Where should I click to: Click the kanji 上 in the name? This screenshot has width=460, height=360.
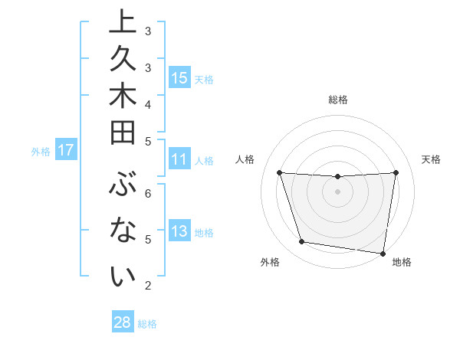123,22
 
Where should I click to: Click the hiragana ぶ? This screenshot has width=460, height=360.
123,186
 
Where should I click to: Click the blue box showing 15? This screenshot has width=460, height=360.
179,78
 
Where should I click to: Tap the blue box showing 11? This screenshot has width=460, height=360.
179,160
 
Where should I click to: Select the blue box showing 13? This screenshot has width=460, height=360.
179,232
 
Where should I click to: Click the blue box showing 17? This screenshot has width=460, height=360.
65,151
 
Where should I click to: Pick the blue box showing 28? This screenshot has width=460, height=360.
122,322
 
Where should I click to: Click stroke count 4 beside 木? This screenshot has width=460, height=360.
148,103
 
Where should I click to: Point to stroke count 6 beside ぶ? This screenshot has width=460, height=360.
148,193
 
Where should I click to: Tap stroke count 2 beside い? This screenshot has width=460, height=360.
148,286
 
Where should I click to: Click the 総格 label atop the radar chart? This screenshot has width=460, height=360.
337,100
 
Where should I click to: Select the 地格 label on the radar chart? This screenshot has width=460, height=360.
402,263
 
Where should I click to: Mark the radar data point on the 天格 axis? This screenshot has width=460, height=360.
396,172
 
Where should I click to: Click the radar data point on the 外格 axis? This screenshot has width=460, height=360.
301,242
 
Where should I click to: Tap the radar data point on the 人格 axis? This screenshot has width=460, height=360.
279,172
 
